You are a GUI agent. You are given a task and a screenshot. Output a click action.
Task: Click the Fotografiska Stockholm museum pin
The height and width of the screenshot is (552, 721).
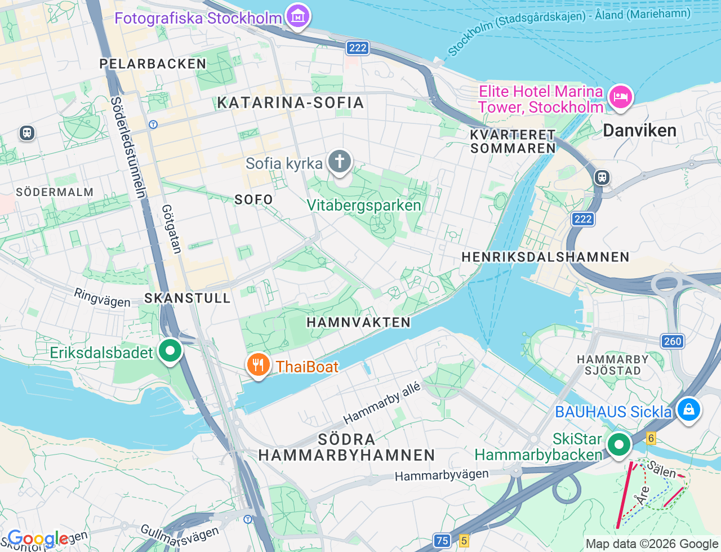[297, 16]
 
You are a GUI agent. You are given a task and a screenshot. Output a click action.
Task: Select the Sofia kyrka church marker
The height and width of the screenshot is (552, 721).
[339, 162]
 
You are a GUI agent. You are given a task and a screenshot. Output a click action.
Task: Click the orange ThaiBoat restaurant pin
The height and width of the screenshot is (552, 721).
[258, 365]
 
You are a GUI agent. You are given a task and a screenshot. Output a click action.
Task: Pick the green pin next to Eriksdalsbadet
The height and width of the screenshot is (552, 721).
[170, 351]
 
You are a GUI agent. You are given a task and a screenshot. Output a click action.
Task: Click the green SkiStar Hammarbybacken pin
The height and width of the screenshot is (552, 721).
[618, 445]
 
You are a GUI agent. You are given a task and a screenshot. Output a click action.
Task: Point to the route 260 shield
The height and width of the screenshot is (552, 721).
[672, 341]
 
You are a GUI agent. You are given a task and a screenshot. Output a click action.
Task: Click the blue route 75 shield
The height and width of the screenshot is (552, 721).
[442, 541]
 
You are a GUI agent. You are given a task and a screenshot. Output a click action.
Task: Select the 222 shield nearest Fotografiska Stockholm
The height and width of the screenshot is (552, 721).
[358, 48]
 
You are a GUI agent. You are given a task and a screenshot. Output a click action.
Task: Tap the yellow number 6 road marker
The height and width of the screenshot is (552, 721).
[651, 438]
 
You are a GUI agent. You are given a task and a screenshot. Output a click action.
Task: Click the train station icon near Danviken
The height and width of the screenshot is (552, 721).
[602, 177]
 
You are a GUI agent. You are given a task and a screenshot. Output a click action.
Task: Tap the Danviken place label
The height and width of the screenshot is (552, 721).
[639, 131]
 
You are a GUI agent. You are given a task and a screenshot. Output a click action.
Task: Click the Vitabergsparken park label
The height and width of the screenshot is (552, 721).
[364, 205]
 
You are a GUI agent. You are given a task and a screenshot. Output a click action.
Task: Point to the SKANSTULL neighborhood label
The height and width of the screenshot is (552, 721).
[188, 298]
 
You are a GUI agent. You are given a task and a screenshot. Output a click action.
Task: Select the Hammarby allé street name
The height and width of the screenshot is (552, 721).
[381, 403]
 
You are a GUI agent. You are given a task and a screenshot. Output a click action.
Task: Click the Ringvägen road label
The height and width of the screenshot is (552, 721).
[102, 297]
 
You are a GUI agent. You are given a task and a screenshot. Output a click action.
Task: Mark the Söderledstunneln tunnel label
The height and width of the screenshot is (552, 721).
[128, 148]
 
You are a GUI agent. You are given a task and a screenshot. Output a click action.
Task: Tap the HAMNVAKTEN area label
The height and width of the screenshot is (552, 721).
[358, 322]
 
